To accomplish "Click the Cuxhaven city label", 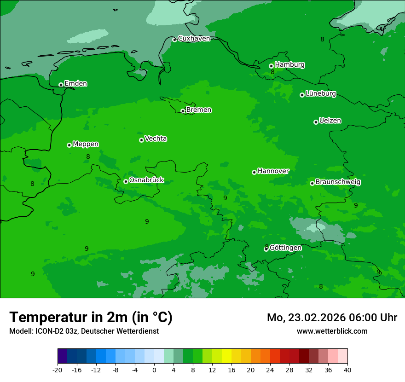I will [x=194, y=39].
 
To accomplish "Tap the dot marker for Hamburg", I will [x=271, y=66].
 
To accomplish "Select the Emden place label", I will [x=75, y=84].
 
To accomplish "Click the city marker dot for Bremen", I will [x=183, y=111].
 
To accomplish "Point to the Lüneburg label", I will [x=320, y=93].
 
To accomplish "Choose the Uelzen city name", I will [x=330, y=121].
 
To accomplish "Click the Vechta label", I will [x=156, y=139].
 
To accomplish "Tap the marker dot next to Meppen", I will [x=69, y=145].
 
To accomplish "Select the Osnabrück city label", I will [x=146, y=180].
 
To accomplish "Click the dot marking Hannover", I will [x=254, y=172].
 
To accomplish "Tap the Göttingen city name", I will [x=285, y=248].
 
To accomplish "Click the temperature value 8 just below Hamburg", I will [x=272, y=72].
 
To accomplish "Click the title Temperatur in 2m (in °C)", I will [x=91, y=317].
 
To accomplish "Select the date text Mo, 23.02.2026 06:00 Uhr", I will [x=332, y=318].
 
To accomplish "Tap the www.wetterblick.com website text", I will [x=332, y=331].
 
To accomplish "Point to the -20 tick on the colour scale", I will [x=58, y=370].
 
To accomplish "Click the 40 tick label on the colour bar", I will [x=347, y=370].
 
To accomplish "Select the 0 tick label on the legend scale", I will [x=154, y=370].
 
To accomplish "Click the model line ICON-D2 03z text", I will [x=84, y=331].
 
